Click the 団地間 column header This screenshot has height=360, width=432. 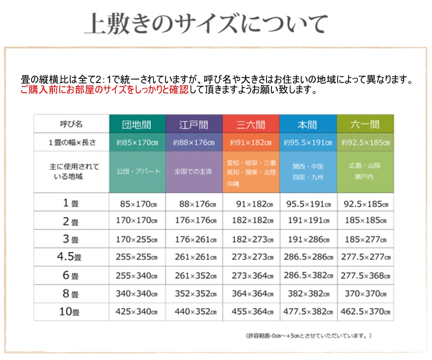click(137, 125)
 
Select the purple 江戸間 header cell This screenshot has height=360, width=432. click(194, 125)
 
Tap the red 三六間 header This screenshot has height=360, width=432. click(251, 125)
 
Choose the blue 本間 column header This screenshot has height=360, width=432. click(308, 125)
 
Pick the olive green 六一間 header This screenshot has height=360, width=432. click(365, 125)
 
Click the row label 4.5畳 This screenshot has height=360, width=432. click(69, 257)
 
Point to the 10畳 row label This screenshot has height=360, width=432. click(69, 312)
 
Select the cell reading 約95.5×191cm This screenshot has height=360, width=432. click(308, 143)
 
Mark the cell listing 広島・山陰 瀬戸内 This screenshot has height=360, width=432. click(365, 171)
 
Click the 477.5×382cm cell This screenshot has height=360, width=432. click(308, 312)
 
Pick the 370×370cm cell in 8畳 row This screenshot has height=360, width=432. click(365, 294)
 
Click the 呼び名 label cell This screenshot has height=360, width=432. click(71, 124)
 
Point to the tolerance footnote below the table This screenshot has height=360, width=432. click(309, 336)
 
